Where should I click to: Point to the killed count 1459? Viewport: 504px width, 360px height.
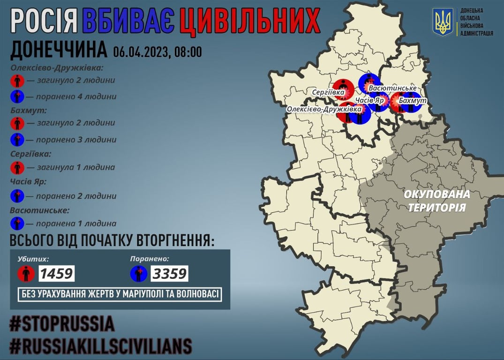click(57, 273)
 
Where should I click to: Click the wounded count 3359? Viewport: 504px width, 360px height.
click(169, 273)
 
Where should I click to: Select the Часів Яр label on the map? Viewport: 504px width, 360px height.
click(370, 101)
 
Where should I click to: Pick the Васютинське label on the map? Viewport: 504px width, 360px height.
click(392, 88)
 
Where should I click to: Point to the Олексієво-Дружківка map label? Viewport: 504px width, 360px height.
click(324, 109)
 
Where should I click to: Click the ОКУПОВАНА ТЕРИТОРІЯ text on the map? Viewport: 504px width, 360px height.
click(437, 200)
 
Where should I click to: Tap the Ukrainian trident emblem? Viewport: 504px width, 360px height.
click(442, 22)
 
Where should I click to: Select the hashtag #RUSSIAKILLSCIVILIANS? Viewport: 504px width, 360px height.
click(101, 346)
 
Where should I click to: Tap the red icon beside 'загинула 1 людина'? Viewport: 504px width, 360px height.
click(17, 167)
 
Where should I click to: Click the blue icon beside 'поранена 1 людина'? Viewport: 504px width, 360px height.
click(17, 223)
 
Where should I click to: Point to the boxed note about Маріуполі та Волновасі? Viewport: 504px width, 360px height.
click(120, 294)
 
